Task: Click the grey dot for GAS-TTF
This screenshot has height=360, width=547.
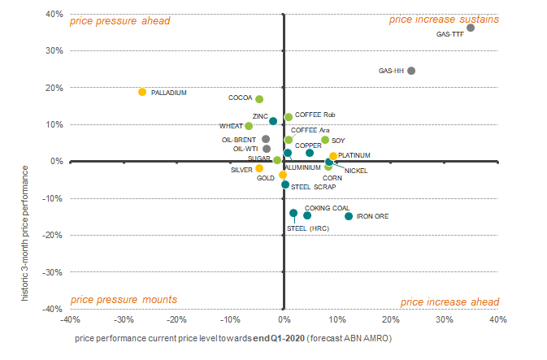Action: click(x=471, y=28)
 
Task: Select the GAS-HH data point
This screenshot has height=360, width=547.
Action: click(x=411, y=71)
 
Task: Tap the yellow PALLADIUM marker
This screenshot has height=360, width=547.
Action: click(x=142, y=92)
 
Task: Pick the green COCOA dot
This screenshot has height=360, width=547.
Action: click(x=259, y=99)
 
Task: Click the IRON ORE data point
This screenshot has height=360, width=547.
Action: click(x=349, y=216)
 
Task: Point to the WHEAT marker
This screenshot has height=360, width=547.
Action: click(x=249, y=126)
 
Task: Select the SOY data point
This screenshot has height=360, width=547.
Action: click(x=325, y=140)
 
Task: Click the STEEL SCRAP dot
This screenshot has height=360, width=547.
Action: click(x=285, y=184)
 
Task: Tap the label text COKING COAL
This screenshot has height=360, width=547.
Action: click(x=328, y=208)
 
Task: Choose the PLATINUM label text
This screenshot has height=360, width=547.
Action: click(x=354, y=155)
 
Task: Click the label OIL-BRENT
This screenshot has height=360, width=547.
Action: click(x=239, y=140)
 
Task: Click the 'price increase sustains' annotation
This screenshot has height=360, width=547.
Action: click(x=444, y=20)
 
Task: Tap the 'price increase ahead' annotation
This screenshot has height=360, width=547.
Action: click(x=449, y=301)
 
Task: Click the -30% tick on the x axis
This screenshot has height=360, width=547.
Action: click(x=124, y=319)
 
